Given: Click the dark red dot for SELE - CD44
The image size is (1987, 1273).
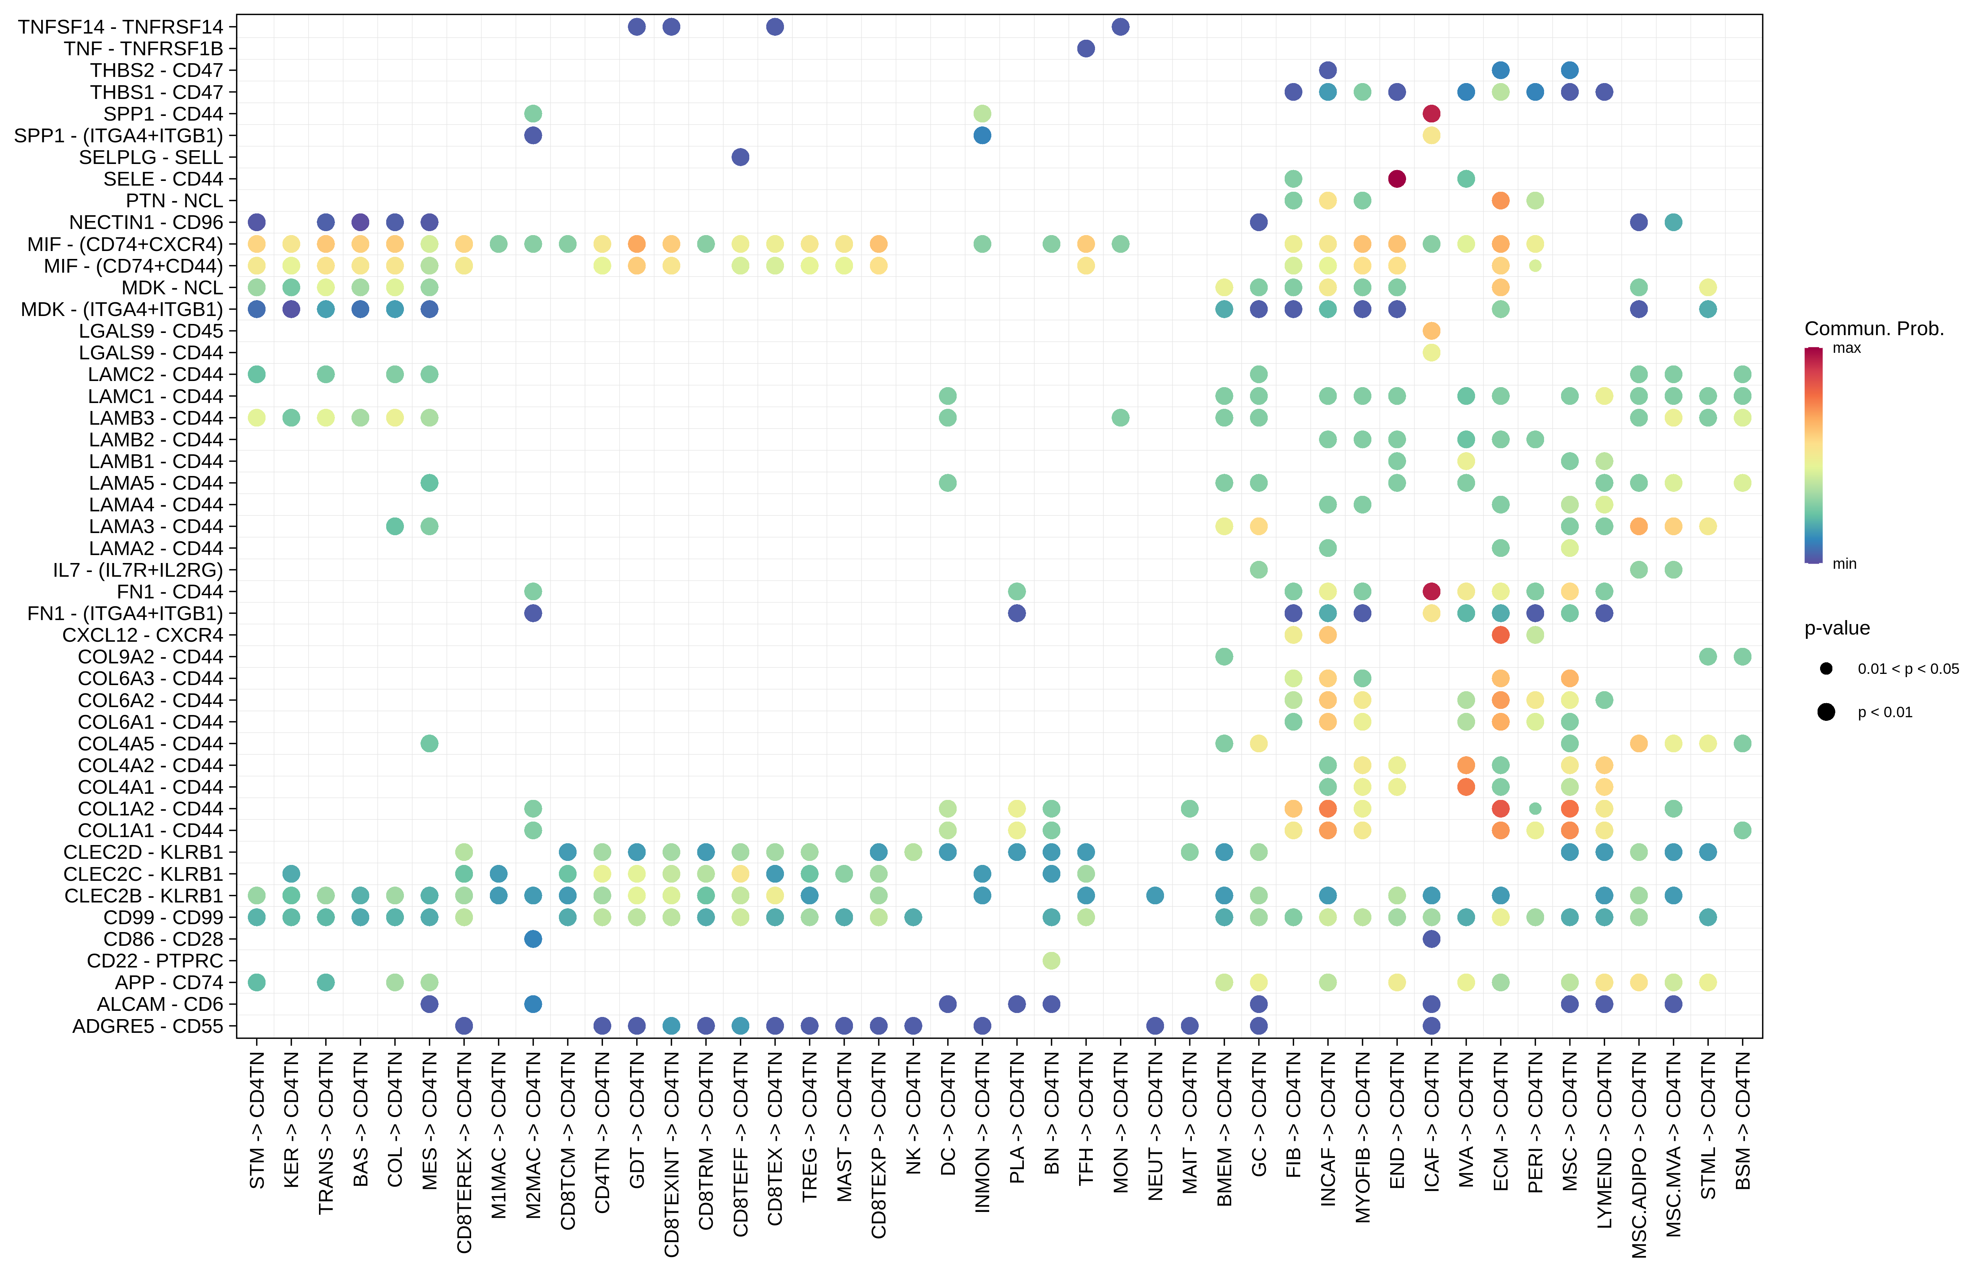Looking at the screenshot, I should (1397, 178).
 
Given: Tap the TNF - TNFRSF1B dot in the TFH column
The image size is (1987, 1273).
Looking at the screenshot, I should (1086, 49).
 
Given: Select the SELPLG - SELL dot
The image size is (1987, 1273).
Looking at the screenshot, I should (740, 157).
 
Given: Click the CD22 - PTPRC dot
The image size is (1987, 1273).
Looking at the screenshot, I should (1051, 961).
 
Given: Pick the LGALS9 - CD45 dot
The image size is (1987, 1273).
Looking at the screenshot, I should (1431, 331).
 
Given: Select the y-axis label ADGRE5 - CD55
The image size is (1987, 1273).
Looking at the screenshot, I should (147, 1026).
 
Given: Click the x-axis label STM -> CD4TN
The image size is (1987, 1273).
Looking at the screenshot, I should (257, 1120).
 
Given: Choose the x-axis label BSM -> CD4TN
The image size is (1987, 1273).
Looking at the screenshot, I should (1743, 1120).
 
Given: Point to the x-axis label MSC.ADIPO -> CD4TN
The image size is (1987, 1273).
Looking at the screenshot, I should (1639, 1153).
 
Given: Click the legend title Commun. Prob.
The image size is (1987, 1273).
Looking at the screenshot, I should (1874, 329).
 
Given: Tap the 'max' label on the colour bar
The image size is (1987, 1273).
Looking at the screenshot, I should (1846, 348).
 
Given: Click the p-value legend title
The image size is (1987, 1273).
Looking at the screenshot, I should (1836, 628).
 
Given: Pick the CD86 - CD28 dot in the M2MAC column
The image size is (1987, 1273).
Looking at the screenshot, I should (533, 939).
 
